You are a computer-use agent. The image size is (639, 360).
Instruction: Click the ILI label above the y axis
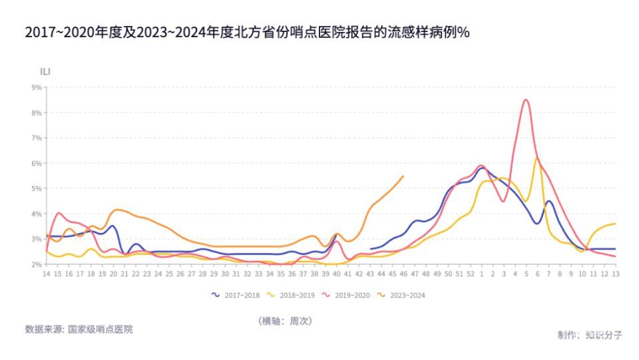click(x=46, y=71)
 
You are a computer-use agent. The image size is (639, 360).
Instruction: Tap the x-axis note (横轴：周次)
click(x=285, y=321)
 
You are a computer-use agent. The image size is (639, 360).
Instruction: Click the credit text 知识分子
click(x=604, y=335)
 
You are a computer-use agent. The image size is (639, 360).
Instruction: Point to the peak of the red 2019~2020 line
click(x=526, y=100)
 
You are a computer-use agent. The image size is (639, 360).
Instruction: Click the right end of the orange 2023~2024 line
click(x=403, y=176)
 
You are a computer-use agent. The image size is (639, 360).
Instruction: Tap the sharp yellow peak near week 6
click(x=537, y=158)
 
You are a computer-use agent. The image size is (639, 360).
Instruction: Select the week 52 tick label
click(x=471, y=273)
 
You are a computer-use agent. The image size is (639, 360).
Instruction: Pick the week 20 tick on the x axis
click(x=113, y=273)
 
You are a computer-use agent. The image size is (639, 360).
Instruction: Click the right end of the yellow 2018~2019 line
click(x=615, y=224)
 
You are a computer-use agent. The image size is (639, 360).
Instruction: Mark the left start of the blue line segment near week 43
click(x=371, y=249)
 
